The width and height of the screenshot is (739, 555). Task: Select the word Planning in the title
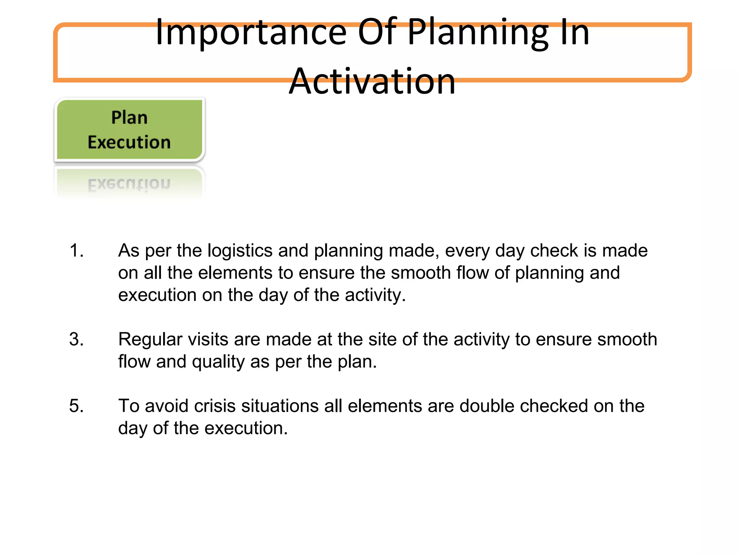478,33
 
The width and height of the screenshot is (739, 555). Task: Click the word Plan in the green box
129,117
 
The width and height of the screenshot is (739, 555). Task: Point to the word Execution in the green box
129,142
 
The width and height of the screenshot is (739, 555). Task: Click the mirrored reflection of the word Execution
129,184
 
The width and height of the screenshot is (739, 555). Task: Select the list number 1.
76,250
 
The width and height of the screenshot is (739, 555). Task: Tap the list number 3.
76,339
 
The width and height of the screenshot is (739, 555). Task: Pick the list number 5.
76,406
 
